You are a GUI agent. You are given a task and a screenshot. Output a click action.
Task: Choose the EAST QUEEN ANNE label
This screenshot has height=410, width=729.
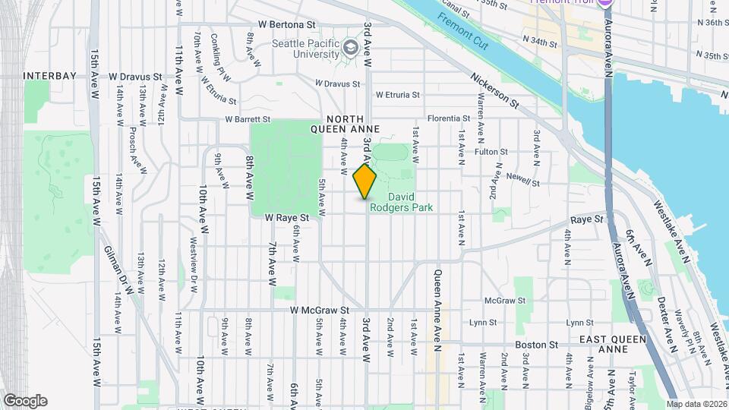(613, 344)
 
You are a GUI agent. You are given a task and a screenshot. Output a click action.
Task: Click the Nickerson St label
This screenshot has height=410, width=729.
(494, 90)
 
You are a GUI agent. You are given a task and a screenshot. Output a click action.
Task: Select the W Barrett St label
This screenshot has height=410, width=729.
(248, 119)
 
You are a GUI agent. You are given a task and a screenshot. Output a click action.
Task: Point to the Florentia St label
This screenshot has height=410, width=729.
(449, 118)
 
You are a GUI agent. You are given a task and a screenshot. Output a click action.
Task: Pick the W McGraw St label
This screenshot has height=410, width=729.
(319, 310)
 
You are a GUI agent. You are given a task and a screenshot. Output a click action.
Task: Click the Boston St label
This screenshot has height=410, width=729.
(537, 345)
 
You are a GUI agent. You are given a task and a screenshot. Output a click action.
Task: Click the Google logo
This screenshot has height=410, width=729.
(25, 401)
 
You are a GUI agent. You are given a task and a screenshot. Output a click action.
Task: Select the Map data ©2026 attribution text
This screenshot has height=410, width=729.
(696, 403)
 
